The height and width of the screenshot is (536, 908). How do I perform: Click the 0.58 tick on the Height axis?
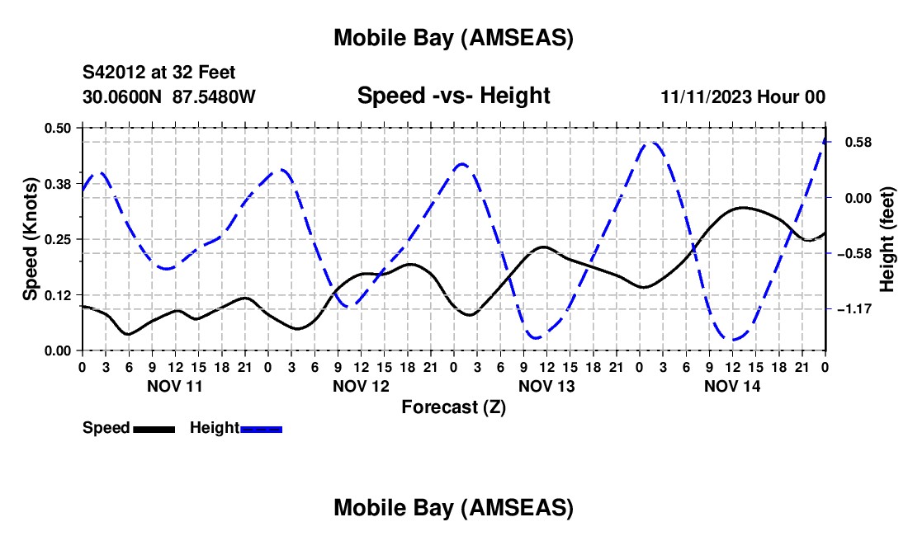point(856,143)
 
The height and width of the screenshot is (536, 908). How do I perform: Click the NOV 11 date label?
point(174,386)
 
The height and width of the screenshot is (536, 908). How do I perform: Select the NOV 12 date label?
point(361,386)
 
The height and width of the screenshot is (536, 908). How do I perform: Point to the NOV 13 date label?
point(546,386)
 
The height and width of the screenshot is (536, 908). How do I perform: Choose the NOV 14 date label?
point(732,386)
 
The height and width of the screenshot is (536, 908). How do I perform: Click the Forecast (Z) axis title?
point(453,407)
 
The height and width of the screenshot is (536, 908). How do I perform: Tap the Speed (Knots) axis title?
point(31,238)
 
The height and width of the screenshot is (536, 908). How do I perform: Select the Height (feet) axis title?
point(887,239)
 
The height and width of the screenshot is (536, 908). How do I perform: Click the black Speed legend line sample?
point(154,429)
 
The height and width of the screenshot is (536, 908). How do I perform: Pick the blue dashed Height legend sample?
point(262,429)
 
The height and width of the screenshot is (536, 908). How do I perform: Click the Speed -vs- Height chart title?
point(453,96)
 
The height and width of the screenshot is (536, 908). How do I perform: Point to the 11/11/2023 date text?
point(707,97)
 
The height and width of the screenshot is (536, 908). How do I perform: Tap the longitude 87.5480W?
point(214,97)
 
